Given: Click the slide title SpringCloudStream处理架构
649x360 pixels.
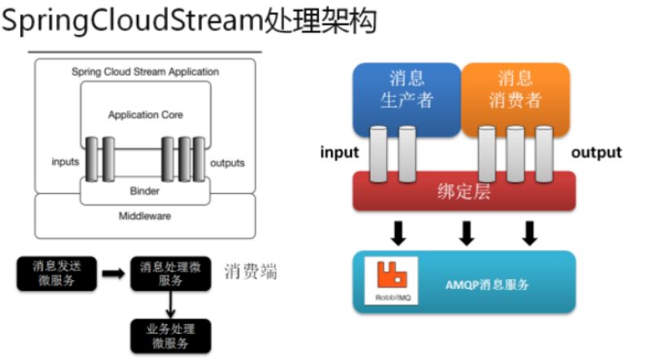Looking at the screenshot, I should [189, 21].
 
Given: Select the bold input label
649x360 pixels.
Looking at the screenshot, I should [340, 152].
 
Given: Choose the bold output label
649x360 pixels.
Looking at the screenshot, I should [596, 152].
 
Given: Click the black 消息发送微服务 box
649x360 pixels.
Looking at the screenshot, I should [56, 274].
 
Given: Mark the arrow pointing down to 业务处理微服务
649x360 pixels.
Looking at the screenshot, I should [169, 304].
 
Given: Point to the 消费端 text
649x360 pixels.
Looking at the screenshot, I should [250, 272].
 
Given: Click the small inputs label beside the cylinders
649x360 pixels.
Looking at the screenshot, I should [65, 162].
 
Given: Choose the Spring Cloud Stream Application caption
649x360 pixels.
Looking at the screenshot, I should [145, 72].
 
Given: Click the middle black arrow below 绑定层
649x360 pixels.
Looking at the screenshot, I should [467, 234].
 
